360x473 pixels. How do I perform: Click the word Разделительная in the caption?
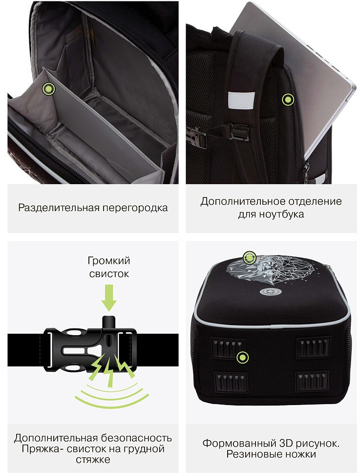tap(59, 208)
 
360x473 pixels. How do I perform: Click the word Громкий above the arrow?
tap(109, 260)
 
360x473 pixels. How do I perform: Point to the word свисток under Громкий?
tap(109, 274)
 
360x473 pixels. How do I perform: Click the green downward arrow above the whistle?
tap(109, 298)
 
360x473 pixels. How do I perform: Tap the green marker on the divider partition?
tap(48, 89)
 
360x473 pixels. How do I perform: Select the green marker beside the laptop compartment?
tap(288, 100)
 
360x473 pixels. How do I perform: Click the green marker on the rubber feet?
tap(242, 358)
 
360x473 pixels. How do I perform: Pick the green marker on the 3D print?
tap(249, 258)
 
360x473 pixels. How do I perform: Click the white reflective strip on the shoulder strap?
tap(241, 100)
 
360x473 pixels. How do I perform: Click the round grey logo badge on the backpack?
tap(267, 292)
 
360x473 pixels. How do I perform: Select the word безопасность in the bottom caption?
tap(137, 438)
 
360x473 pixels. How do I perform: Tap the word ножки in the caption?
tap(300, 454)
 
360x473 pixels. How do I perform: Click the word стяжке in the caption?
tap(93, 460)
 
